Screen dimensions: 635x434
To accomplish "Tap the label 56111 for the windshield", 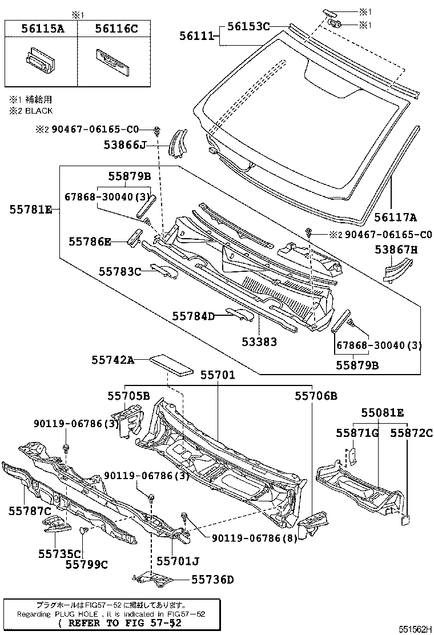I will click(195, 36).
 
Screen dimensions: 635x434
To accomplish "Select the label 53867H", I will click(396, 249).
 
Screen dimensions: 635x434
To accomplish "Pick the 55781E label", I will click(30, 210).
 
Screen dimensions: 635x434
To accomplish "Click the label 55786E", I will click(90, 242).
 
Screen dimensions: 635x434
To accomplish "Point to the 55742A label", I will click(113, 360).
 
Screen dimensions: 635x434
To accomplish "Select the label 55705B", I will click(128, 395).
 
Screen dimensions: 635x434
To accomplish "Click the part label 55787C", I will click(30, 509).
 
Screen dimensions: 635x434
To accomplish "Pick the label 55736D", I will click(212, 580).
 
